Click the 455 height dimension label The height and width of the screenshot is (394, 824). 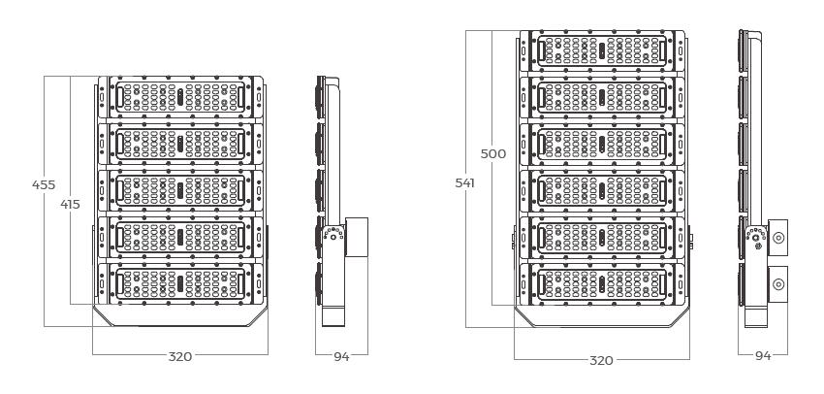tap(43, 184)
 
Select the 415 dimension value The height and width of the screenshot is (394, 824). tap(69, 204)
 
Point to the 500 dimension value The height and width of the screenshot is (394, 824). tap(494, 153)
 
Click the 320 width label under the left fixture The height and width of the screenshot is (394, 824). tap(179, 356)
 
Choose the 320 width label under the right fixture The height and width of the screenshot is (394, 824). tap(601, 360)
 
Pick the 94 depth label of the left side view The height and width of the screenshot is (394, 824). tap(341, 357)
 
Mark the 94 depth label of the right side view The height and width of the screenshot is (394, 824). tap(763, 356)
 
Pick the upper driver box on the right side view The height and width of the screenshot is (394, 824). tap(777, 239)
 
